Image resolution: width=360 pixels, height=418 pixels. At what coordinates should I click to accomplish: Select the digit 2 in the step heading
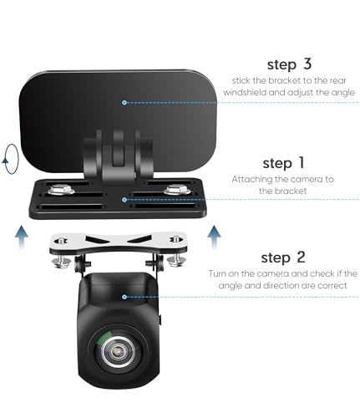pyautogui.click(x=304, y=257)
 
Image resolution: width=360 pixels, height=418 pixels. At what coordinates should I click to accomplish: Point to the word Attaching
pyautogui.click(x=252, y=179)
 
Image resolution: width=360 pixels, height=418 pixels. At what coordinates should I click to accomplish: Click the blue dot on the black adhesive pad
pyautogui.click(x=124, y=102)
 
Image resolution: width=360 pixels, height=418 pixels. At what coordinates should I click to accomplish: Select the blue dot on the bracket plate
pyautogui.click(x=124, y=199)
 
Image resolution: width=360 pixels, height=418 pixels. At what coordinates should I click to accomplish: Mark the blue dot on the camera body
pyautogui.click(x=124, y=296)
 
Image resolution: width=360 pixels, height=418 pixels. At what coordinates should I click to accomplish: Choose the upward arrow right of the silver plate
pyautogui.click(x=215, y=232)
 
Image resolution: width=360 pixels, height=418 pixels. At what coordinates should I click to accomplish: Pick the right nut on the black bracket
pyautogui.click(x=176, y=190)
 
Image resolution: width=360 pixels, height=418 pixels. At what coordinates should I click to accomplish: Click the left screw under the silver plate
pyautogui.click(x=61, y=261)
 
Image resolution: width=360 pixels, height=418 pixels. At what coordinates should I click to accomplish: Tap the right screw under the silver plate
pyautogui.click(x=175, y=261)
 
